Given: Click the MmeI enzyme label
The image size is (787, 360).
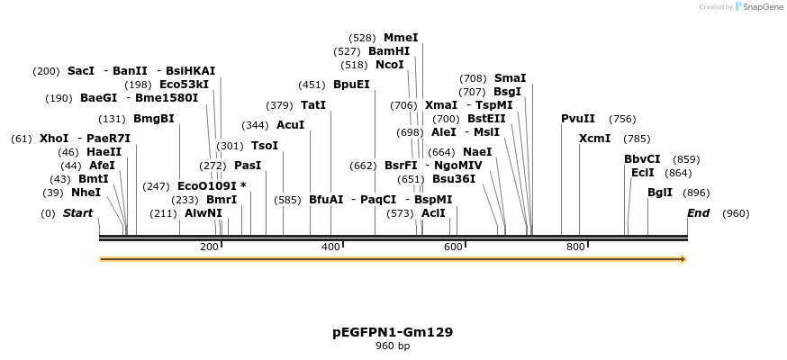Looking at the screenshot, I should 401,38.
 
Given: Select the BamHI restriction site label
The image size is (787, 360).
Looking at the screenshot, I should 389,51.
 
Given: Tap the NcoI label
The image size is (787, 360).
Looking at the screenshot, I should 390,65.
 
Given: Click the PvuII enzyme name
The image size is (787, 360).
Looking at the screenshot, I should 578,119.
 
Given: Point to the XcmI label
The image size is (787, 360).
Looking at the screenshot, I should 594,139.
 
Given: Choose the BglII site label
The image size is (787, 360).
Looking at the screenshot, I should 660,193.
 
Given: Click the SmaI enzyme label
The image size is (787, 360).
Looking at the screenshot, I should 511,78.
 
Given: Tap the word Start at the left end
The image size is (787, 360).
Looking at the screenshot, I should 77,213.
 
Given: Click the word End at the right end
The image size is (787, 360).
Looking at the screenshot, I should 698,213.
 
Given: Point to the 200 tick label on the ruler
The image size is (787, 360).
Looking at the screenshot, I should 209,247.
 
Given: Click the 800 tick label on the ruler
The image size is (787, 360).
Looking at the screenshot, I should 575,247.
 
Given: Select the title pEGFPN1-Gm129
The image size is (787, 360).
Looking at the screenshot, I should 393,332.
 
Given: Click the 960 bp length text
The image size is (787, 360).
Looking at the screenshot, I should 393,346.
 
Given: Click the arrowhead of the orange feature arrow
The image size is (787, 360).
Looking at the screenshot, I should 683,259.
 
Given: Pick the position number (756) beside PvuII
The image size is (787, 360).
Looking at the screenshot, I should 622,119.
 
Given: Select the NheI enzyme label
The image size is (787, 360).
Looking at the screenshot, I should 86,193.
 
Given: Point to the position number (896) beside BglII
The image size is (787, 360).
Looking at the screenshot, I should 696,193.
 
